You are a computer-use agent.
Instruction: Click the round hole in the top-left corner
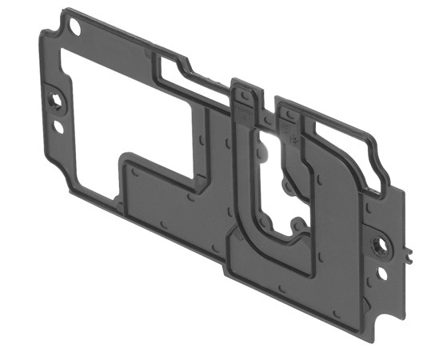click(x=77, y=26)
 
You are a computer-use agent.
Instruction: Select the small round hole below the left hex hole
click(x=58, y=127)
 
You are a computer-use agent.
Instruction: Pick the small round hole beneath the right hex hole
click(x=381, y=273)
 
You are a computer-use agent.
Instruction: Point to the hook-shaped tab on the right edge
click(x=408, y=254)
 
